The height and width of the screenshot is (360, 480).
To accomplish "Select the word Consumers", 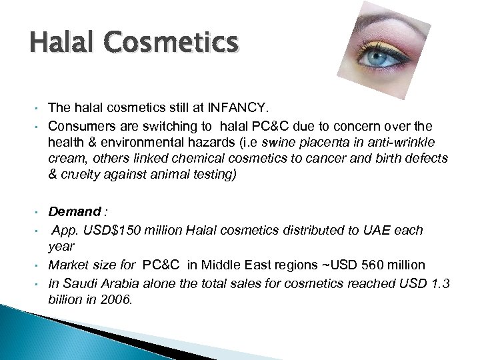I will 79,126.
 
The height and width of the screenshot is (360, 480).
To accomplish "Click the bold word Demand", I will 74,212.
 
